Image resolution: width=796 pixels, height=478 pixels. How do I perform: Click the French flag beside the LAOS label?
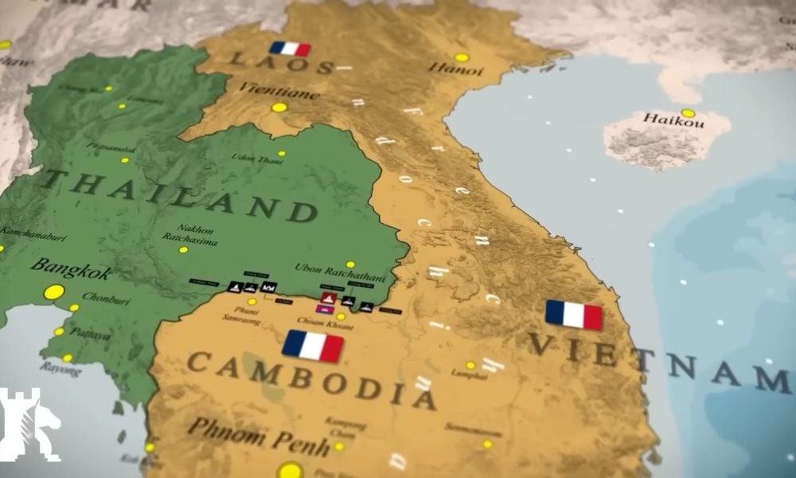point(290,49)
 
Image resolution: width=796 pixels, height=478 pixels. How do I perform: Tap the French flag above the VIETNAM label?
point(574,315)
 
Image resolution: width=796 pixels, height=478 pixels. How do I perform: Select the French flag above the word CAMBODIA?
point(313,347)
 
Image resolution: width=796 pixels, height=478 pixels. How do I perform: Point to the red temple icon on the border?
point(328,298)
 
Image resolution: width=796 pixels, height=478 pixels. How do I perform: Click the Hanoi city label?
point(455,70)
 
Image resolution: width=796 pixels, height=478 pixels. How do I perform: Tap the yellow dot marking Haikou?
point(688,113)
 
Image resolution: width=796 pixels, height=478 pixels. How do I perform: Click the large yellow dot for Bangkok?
point(54,292)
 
